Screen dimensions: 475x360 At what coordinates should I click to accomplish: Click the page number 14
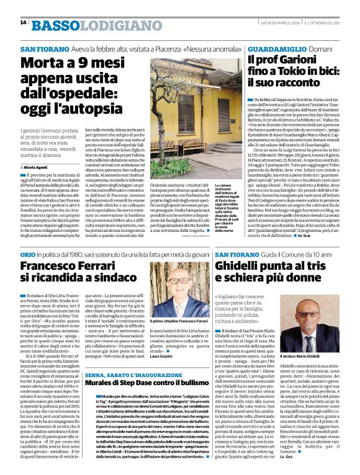[23, 22]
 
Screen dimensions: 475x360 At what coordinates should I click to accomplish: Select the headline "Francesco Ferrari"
[78, 268]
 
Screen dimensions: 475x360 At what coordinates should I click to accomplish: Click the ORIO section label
[28, 255]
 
